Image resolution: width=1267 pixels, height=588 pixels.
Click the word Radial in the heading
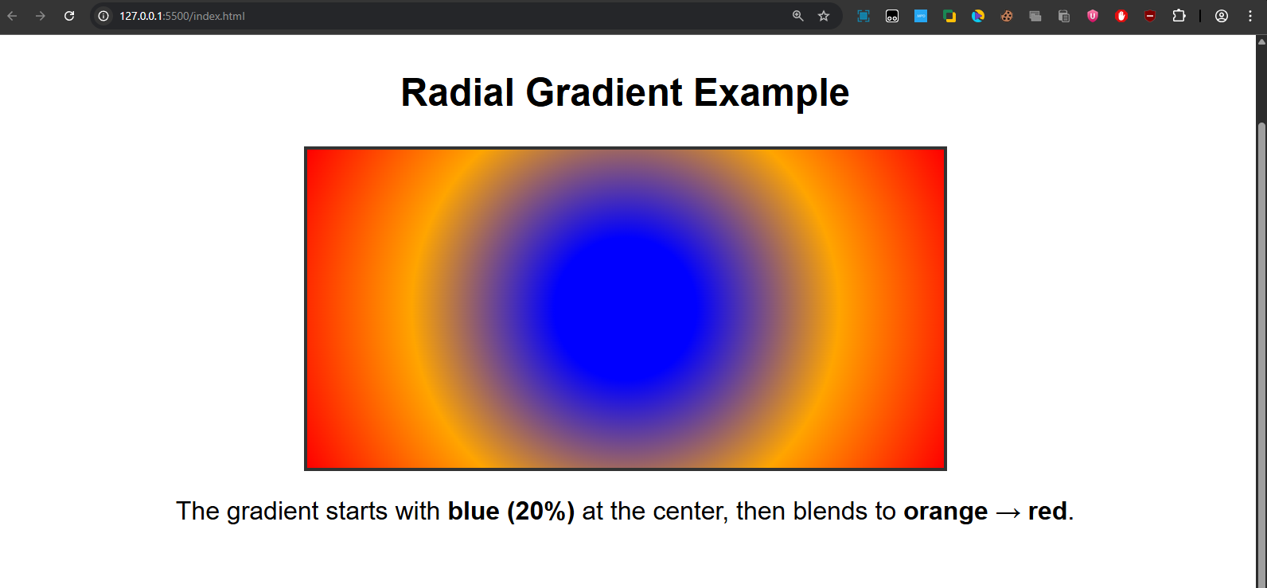458,93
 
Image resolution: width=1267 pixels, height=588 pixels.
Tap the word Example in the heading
771,93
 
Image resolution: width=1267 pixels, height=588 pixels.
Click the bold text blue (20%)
511,511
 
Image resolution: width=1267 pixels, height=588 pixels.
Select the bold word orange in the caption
945,511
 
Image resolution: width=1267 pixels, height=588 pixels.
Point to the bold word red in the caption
1047,511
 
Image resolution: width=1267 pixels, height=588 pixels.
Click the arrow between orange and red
1008,512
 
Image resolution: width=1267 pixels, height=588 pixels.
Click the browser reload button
69,16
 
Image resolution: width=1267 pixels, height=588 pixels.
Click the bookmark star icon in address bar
824,16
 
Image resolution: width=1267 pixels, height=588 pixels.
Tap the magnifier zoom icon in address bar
797,16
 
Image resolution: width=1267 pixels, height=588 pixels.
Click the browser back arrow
12,16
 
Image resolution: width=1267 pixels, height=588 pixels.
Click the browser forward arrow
41,16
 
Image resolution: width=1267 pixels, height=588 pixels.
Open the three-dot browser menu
1250,16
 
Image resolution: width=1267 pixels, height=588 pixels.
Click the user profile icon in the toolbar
1222,16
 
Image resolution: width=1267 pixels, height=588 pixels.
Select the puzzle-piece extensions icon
1179,16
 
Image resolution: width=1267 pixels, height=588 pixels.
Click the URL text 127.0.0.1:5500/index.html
182,16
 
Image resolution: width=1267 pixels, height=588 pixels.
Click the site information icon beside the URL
103,16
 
